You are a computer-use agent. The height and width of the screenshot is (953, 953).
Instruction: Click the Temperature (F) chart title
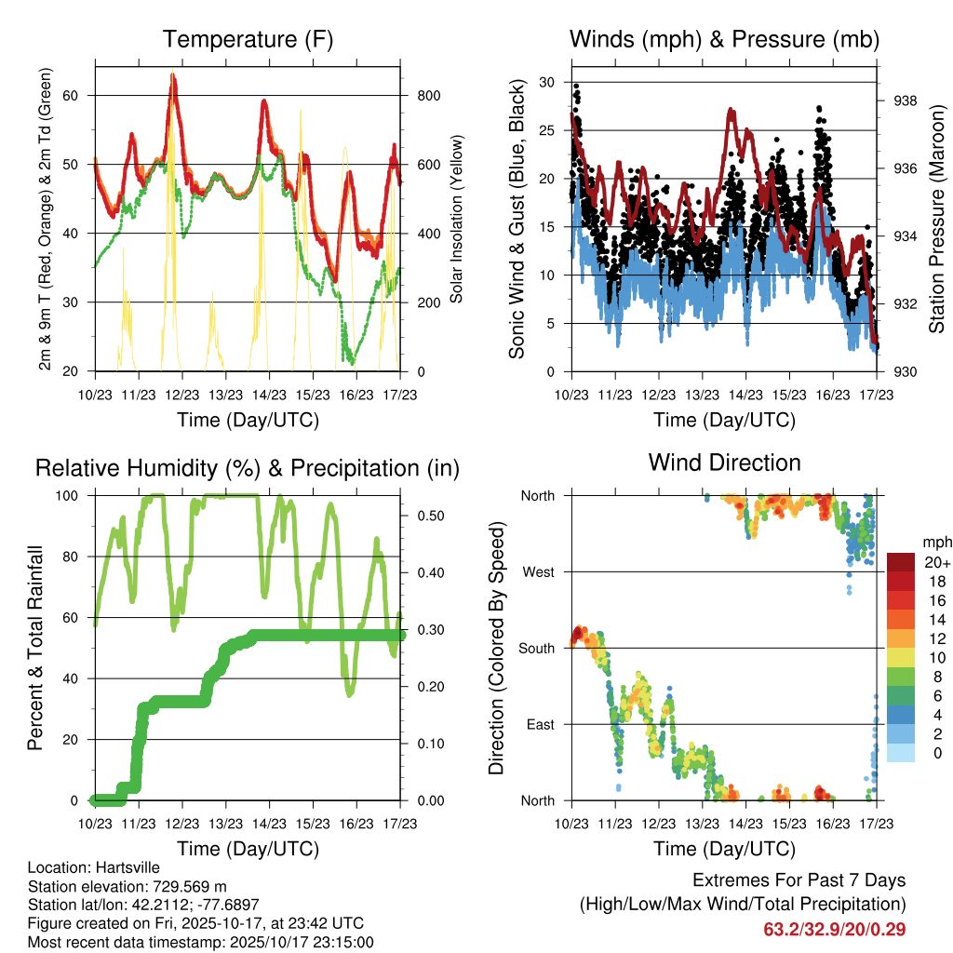tap(248, 40)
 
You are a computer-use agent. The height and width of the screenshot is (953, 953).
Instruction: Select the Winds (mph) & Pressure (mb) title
tap(724, 40)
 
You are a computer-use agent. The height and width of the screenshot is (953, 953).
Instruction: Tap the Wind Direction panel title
tap(724, 463)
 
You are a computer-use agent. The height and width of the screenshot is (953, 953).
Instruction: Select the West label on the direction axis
tap(539, 571)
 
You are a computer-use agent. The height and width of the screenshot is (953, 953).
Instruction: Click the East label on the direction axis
tap(540, 724)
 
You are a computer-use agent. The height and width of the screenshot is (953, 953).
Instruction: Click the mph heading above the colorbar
tap(935, 542)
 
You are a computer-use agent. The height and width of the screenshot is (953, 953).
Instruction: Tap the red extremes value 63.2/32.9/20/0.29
tap(834, 930)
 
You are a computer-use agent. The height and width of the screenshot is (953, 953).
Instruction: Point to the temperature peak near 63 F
tap(173, 76)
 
